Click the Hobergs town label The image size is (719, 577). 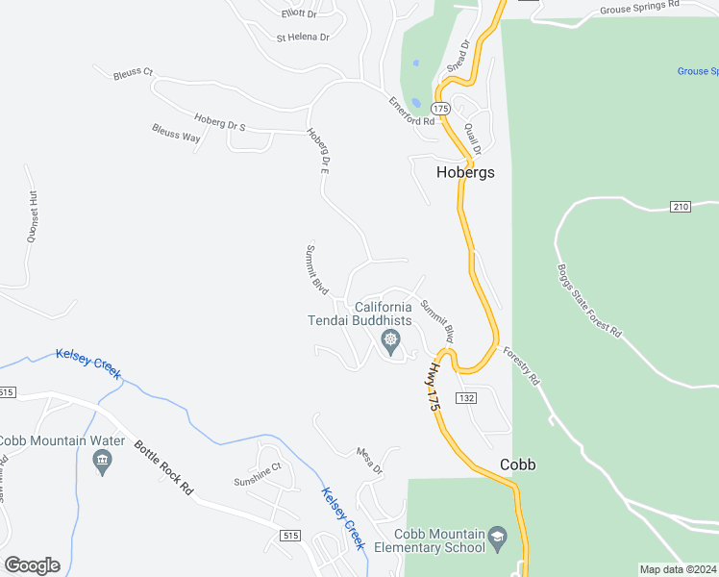pos(465,173)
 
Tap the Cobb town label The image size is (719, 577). pos(518,464)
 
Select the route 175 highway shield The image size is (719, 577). pos(440,107)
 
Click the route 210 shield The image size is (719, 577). pos(681,207)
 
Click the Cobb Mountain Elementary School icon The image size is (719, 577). pos(497,536)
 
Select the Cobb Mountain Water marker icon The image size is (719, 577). pos(101,461)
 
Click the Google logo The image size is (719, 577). pos(32,565)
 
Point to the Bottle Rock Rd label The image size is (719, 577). pos(163,467)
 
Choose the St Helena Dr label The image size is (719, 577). pos(303,38)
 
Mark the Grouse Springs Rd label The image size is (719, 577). pos(639,9)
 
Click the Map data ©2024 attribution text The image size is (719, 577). pos(678,569)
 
